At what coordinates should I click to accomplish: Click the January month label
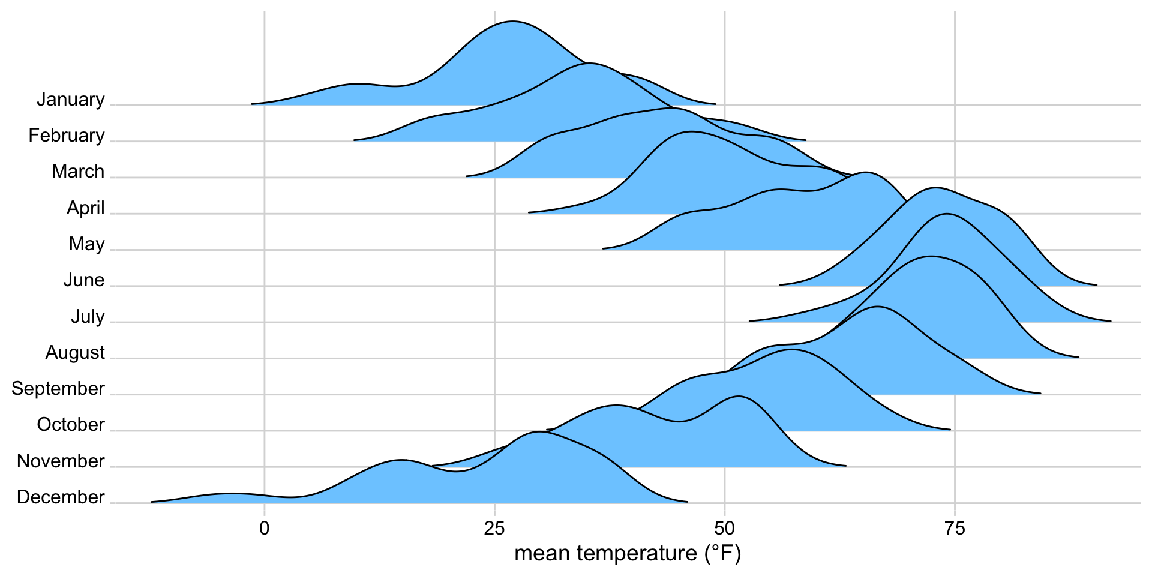(x=71, y=100)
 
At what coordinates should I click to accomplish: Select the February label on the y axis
(x=67, y=136)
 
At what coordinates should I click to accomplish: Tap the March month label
(x=78, y=172)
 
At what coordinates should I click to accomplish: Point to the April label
(x=86, y=208)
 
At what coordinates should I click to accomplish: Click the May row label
(x=87, y=244)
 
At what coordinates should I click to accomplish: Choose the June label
(x=84, y=280)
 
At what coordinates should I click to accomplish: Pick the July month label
(x=88, y=316)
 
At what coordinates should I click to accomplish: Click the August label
(x=75, y=353)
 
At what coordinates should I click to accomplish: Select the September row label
(x=58, y=389)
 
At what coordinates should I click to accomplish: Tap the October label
(x=71, y=425)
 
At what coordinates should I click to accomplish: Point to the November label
(x=61, y=461)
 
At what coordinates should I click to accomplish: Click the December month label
(x=61, y=497)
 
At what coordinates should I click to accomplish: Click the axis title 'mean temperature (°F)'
(x=628, y=554)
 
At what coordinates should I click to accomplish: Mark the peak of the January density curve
(x=512, y=22)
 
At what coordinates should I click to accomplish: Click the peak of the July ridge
(x=946, y=214)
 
